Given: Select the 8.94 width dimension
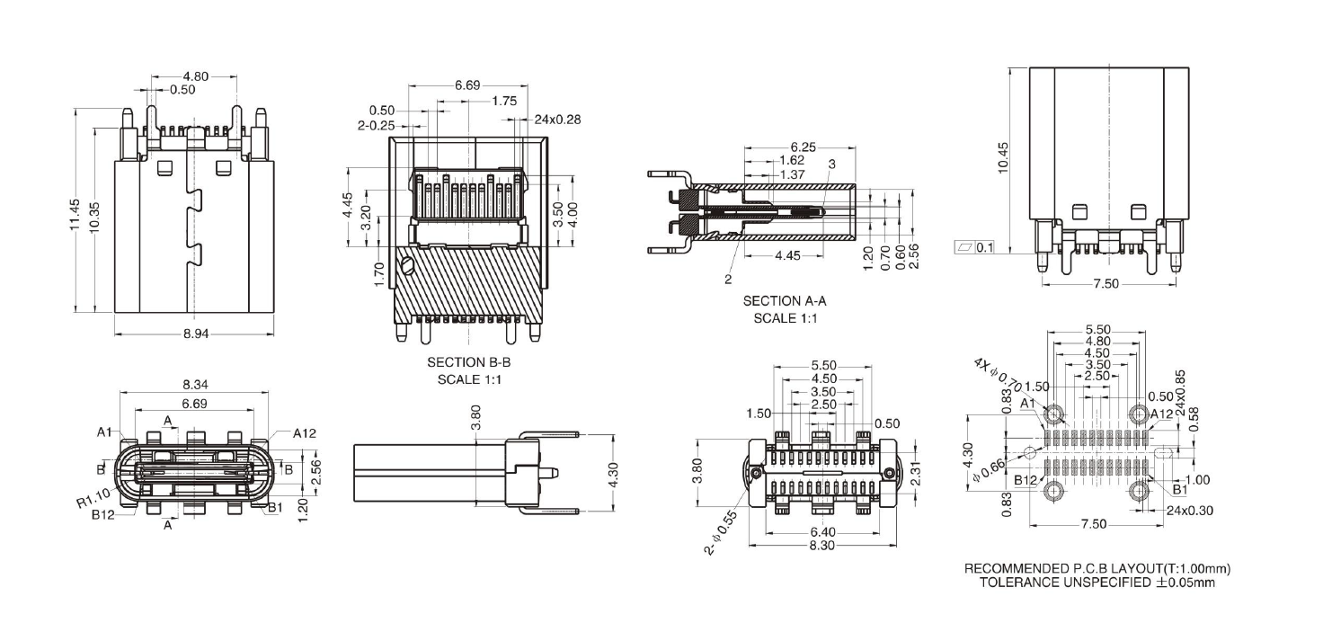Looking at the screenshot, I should click(x=196, y=334).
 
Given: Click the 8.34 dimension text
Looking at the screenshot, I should click(x=195, y=385).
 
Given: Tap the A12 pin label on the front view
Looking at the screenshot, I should click(x=306, y=432).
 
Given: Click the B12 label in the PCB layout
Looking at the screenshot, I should click(x=1026, y=480).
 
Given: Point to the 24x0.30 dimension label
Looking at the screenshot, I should click(x=1187, y=510).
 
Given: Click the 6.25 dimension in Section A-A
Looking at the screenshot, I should click(x=803, y=147).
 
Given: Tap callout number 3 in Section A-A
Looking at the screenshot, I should click(x=832, y=164).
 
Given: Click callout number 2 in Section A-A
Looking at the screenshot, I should click(x=728, y=280).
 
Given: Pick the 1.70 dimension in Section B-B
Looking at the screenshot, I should click(x=378, y=270).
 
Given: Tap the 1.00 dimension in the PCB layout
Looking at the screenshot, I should click(x=1198, y=479).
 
